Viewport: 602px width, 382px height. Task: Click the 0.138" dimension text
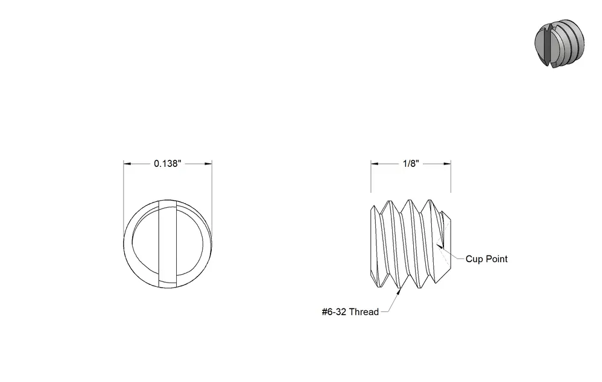[x=168, y=164]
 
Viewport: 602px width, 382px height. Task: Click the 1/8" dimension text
[x=411, y=164]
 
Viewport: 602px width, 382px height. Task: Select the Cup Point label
[x=486, y=259]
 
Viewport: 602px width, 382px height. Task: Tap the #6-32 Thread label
[x=350, y=312]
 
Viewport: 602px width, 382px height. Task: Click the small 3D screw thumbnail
[x=560, y=43]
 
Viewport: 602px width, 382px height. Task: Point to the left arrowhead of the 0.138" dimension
[x=127, y=164]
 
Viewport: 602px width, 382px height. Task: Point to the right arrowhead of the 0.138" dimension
[x=208, y=164]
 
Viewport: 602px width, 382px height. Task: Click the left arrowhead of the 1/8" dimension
[x=375, y=164]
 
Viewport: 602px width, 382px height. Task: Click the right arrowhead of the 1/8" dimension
[x=447, y=164]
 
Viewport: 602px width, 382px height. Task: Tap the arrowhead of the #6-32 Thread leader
[x=399, y=292]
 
